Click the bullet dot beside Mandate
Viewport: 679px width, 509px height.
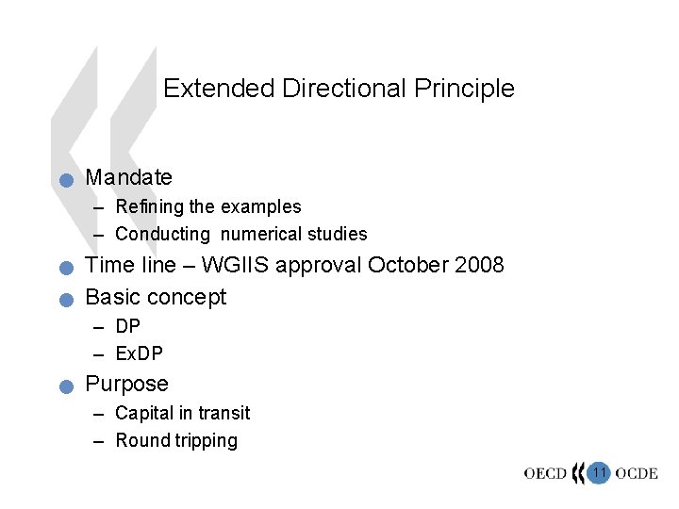coord(64,180)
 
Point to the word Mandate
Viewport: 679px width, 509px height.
coord(128,177)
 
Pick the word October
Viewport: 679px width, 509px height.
coord(405,265)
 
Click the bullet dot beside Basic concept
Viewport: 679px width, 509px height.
coord(64,301)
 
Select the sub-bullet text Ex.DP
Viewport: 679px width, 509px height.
coord(140,353)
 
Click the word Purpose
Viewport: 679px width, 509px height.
coord(126,385)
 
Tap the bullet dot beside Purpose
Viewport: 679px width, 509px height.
coord(64,386)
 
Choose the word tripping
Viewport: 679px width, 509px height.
coord(206,440)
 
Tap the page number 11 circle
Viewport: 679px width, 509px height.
coord(599,470)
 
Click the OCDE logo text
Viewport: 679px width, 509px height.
coord(638,473)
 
